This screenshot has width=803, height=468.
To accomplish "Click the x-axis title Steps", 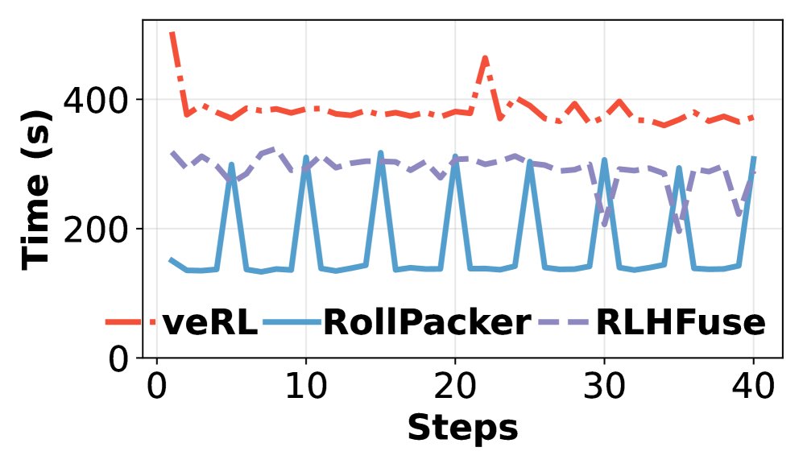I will tap(462, 428).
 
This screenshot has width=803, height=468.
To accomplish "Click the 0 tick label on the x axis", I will tap(156, 388).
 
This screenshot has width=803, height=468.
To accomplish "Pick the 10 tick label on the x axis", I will tap(305, 388).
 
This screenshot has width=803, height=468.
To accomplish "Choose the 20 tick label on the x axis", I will tap(455, 388).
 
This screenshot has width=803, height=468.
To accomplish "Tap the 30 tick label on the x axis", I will tap(604, 388).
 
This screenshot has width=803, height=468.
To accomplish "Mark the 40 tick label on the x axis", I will tap(754, 388).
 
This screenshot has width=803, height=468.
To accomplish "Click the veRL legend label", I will tap(210, 323).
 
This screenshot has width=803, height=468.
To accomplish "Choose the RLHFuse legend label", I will tap(680, 323).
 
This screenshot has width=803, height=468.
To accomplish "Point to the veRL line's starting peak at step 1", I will tap(172, 34).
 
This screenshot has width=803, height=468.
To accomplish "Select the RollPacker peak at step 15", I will tap(380, 152).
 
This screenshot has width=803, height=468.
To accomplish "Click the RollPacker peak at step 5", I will tap(231, 164).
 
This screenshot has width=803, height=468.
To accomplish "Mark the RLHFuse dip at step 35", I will tap(680, 231).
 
